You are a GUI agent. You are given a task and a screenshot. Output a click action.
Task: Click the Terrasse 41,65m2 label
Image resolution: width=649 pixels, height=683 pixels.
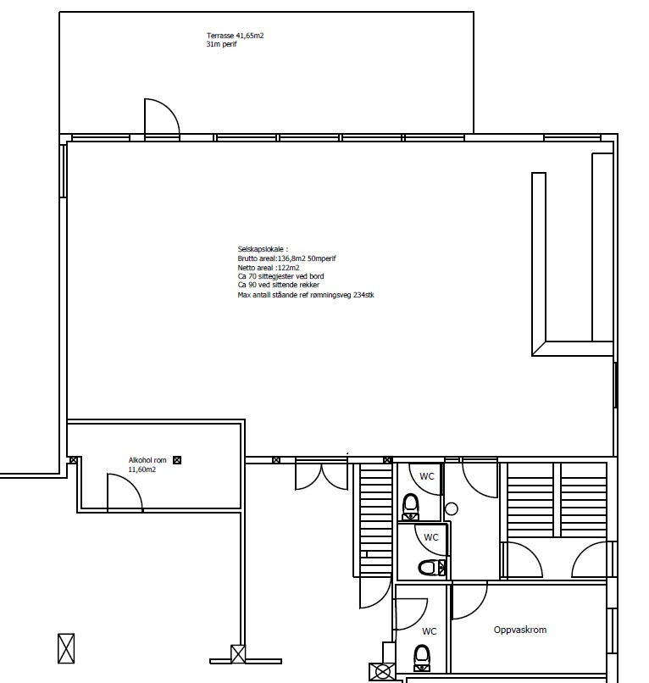[235, 36]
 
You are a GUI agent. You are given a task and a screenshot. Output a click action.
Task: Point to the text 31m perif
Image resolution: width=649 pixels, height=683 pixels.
[221, 44]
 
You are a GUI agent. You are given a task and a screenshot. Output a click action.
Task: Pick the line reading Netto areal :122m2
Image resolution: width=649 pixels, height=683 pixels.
[269, 268]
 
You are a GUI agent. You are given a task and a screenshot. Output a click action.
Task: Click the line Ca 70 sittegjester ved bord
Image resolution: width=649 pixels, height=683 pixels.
[280, 276]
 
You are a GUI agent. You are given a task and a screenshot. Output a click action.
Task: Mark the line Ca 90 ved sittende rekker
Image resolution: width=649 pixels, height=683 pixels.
[279, 285]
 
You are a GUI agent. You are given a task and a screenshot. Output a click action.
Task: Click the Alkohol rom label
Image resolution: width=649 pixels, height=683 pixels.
[147, 460]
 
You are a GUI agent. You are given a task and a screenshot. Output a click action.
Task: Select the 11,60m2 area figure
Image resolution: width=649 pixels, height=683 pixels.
[142, 469]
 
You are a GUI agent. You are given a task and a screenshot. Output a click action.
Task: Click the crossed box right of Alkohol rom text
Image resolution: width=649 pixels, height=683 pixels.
[177, 460]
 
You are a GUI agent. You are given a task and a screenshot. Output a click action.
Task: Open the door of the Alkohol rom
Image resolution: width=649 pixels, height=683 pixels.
[130, 484]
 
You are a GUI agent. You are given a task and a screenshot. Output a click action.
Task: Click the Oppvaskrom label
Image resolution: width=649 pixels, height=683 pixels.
[520, 630]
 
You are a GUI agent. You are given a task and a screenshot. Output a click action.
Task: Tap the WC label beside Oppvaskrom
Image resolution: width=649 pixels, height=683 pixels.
[429, 631]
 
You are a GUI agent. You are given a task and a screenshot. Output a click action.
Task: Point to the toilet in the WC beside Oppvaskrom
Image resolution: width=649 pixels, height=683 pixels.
[421, 658]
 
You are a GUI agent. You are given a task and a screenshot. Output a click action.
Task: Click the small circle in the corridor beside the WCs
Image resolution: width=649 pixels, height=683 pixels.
[452, 508]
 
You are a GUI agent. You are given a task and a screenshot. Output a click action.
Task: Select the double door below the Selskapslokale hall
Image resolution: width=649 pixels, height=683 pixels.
[321, 475]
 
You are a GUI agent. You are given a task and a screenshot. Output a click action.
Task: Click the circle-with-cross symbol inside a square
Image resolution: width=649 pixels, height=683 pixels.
[382, 672]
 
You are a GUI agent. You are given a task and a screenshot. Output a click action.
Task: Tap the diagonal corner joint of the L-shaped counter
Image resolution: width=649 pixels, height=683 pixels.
[539, 348]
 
